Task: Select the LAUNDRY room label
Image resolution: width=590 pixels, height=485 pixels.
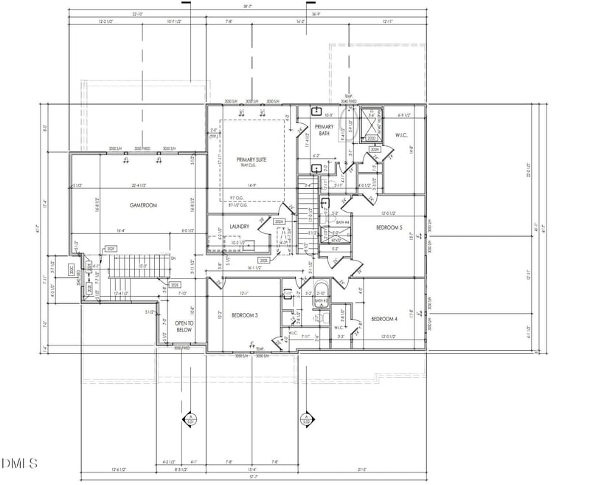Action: pos(239,227)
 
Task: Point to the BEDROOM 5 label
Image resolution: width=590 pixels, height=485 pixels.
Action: pos(390,227)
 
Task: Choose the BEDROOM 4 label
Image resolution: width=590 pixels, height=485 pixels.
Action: pos(384,318)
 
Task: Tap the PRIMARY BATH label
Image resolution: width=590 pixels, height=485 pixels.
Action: pos(325,130)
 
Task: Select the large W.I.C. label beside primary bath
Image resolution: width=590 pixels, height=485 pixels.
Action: pos(402,135)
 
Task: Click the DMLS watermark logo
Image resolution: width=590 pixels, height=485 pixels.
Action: pos(19,463)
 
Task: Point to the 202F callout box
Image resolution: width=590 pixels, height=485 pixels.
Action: pos(111,249)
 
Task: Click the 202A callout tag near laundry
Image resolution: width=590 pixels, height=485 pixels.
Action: pos(279,221)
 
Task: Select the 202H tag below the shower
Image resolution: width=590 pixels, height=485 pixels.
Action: pos(375,150)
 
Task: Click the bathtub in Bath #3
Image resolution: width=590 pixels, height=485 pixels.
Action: pos(322,289)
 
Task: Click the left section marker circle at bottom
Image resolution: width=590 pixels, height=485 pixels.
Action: pos(190,419)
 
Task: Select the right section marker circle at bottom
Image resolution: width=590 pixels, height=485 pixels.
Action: pos(305,419)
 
